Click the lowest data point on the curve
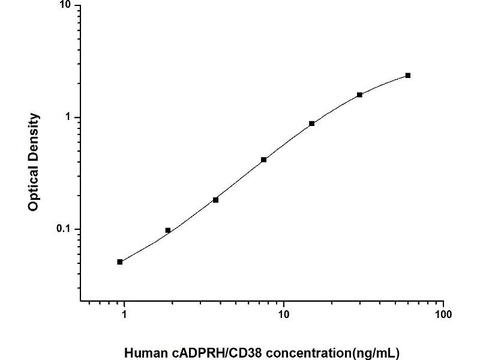pyautogui.click(x=120, y=262)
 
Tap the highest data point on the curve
pyautogui.click(x=408, y=75)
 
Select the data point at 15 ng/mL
pyautogui.click(x=312, y=124)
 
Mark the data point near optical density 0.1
pyautogui.click(x=168, y=230)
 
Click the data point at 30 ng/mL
pyautogui.click(x=359, y=95)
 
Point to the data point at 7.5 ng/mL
pyautogui.click(x=264, y=160)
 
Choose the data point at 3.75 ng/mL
pyautogui.click(x=216, y=200)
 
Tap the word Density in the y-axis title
pyautogui.click(x=34, y=136)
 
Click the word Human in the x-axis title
pyautogui.click(x=142, y=352)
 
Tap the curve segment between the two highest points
pyautogui.click(x=384, y=83)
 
